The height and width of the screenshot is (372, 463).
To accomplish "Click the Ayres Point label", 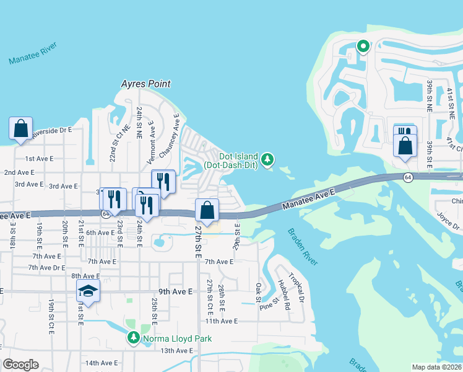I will pos(146,84).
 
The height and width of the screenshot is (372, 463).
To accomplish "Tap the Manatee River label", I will pos(33,54).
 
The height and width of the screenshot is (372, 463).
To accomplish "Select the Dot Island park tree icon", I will pos(267,160).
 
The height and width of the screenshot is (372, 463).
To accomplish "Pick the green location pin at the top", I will pos(363,46).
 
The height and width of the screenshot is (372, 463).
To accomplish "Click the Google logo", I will pos(20,365).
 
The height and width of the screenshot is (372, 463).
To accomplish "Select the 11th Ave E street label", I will pos(222,321).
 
